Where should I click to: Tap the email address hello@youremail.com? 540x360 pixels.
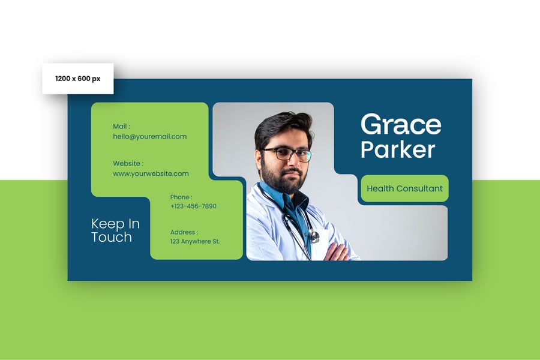point(150,136)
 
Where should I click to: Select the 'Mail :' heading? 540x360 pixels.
point(122,127)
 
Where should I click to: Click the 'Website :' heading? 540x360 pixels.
point(128,163)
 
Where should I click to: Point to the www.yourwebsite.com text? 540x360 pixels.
point(151,173)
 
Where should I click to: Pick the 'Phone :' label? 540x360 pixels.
point(181,197)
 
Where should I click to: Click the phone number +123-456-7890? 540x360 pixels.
point(193,206)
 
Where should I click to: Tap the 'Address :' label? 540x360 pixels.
point(184,232)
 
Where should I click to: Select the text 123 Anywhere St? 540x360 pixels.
point(195,241)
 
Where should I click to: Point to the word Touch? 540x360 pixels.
point(112,237)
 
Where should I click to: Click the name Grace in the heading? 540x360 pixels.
point(401,125)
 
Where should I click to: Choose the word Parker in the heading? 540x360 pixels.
point(398,149)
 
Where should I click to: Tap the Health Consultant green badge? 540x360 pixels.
point(404,188)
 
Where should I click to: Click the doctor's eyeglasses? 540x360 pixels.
point(287,154)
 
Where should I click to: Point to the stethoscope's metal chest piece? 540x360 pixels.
point(314,236)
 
